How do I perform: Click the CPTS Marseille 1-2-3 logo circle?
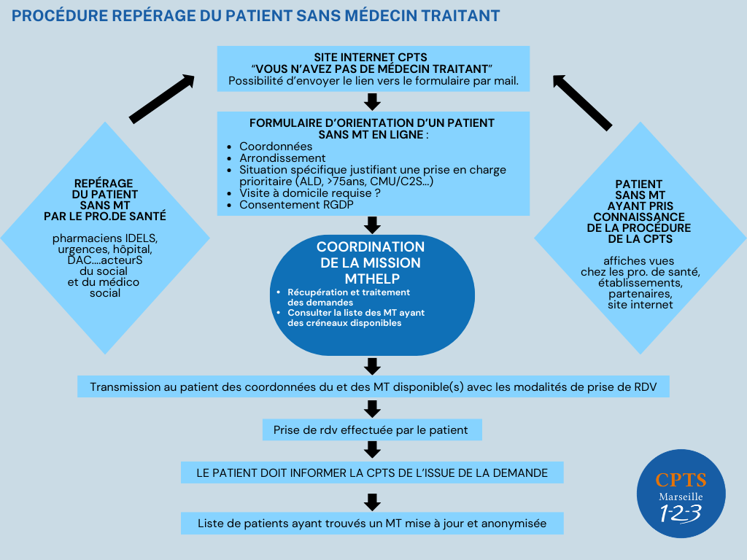coord(681,494)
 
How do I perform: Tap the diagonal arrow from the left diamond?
coord(161,98)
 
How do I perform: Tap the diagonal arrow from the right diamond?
coord(582,102)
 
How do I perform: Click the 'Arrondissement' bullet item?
coord(282,157)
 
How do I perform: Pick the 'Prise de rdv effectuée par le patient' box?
coord(372,429)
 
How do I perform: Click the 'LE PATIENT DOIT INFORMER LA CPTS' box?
coord(372,472)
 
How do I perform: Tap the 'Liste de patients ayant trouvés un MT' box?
coord(372,523)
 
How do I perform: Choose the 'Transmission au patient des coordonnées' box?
coord(373,386)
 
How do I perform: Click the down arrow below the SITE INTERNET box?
coord(373,101)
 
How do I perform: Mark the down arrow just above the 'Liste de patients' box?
coord(373,502)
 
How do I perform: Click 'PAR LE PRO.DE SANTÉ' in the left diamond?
coord(105,216)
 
